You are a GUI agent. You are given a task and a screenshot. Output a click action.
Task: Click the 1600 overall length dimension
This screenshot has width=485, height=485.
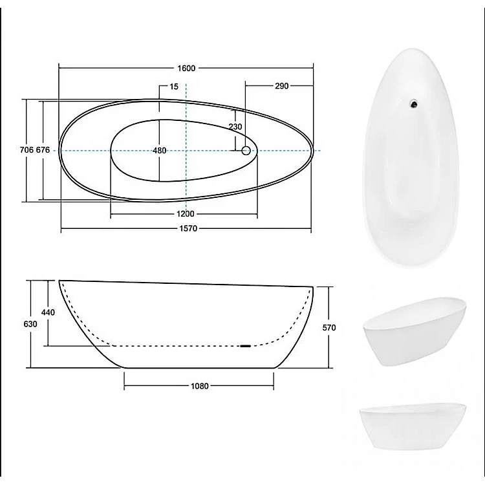point(186,68)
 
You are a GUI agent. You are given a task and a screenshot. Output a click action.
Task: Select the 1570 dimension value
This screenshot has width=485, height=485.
point(188,228)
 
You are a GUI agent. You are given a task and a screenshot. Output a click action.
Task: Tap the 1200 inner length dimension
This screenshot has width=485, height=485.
point(186,214)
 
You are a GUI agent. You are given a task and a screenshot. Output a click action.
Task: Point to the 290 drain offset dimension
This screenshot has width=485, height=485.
point(281,86)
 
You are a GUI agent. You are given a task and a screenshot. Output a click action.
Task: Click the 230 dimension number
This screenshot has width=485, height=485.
point(235,127)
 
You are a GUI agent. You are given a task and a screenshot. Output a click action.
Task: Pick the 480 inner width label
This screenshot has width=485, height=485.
point(160,151)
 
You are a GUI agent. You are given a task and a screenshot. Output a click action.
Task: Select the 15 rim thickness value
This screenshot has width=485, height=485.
point(174,87)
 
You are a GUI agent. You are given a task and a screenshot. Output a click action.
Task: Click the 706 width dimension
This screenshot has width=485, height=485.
point(27,150)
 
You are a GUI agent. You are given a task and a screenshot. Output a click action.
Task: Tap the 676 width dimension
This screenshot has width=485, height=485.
point(43,150)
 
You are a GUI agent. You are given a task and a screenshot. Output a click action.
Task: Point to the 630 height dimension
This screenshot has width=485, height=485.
point(30,324)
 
